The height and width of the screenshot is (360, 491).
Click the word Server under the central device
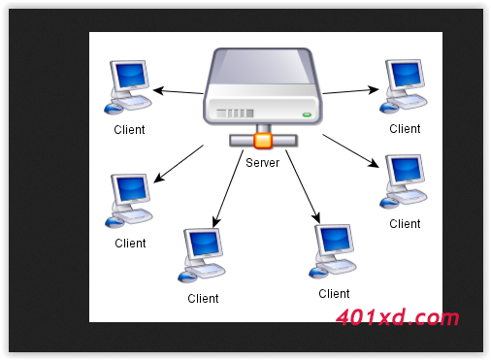(x=262, y=163)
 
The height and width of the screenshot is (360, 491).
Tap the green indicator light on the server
(x=308, y=114)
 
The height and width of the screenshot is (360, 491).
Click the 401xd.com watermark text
(x=397, y=317)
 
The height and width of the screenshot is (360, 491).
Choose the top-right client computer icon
(x=403, y=82)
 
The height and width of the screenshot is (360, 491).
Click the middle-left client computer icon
(x=129, y=199)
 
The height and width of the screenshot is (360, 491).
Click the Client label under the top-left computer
(x=129, y=130)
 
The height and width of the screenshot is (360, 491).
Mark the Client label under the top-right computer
(x=405, y=128)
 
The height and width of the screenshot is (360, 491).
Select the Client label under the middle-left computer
(x=130, y=244)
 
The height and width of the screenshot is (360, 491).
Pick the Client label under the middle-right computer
(x=405, y=224)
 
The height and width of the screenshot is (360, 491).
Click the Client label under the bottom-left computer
(x=203, y=299)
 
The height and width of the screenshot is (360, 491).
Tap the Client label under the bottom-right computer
(x=334, y=294)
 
